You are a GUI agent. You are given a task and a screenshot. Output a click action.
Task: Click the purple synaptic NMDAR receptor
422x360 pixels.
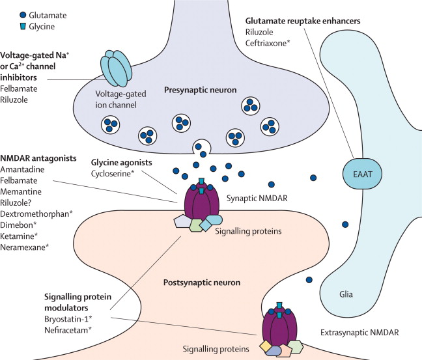coord(203,202)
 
